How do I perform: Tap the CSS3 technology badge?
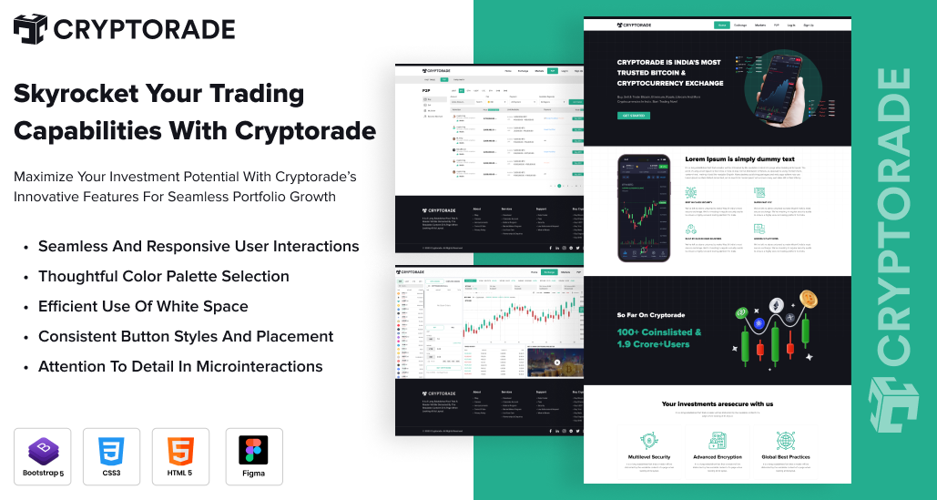pyautogui.click(x=111, y=456)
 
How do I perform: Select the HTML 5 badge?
pyautogui.click(x=180, y=456)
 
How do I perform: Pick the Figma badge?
pyautogui.click(x=253, y=456)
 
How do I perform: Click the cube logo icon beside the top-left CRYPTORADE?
pyautogui.click(x=30, y=29)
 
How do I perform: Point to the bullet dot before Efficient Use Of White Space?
pyautogui.click(x=27, y=307)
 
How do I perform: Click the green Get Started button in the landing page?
pyautogui.click(x=636, y=116)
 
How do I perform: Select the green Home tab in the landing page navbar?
pyautogui.click(x=721, y=26)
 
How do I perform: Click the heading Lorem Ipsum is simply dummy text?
pyautogui.click(x=739, y=159)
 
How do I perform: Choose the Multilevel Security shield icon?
pyautogui.click(x=648, y=440)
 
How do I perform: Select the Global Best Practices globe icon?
pyautogui.click(x=786, y=440)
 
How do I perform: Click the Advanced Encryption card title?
pyautogui.click(x=717, y=456)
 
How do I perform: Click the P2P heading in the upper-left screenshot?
pyautogui.click(x=426, y=91)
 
